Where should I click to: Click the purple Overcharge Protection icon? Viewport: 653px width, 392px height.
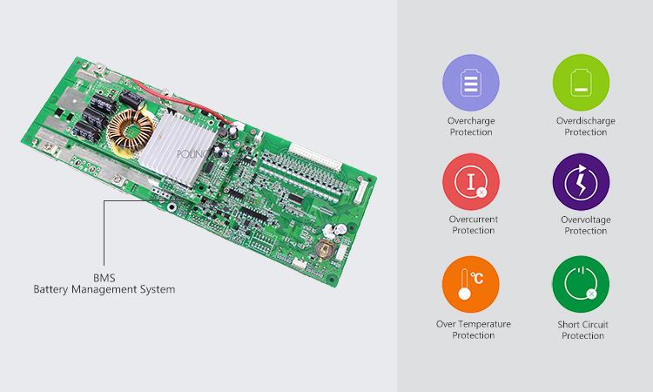(x=470, y=83)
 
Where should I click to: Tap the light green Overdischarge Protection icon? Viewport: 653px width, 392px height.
(x=581, y=83)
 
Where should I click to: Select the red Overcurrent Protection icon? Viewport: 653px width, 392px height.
(x=470, y=182)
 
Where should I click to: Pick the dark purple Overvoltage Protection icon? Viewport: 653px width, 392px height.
(x=581, y=182)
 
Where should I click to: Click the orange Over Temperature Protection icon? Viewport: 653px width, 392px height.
(x=470, y=284)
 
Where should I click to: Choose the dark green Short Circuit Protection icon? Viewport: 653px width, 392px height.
(x=581, y=284)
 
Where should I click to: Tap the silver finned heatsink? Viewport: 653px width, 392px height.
(x=179, y=149)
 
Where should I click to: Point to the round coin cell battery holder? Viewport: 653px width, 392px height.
(x=325, y=249)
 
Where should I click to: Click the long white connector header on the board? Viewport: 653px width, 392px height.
(x=316, y=157)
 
